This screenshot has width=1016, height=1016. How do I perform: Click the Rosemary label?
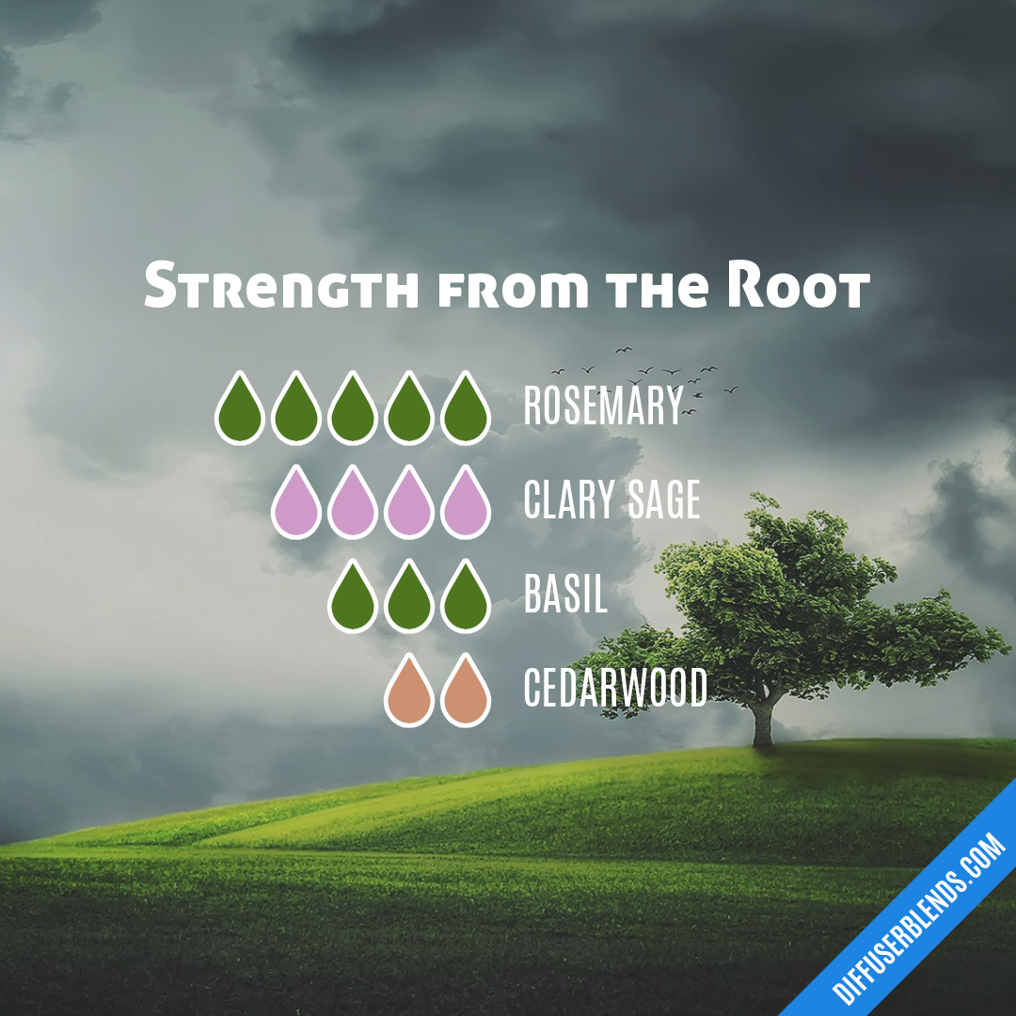[x=603, y=406]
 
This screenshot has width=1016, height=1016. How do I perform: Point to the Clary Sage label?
[x=611, y=500]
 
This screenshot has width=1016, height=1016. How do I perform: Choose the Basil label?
[x=565, y=595]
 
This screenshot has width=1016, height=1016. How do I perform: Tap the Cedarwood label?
[x=615, y=689]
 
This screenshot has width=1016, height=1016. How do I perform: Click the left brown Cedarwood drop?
[x=409, y=693]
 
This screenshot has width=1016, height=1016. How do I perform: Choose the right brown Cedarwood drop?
[x=466, y=693]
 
